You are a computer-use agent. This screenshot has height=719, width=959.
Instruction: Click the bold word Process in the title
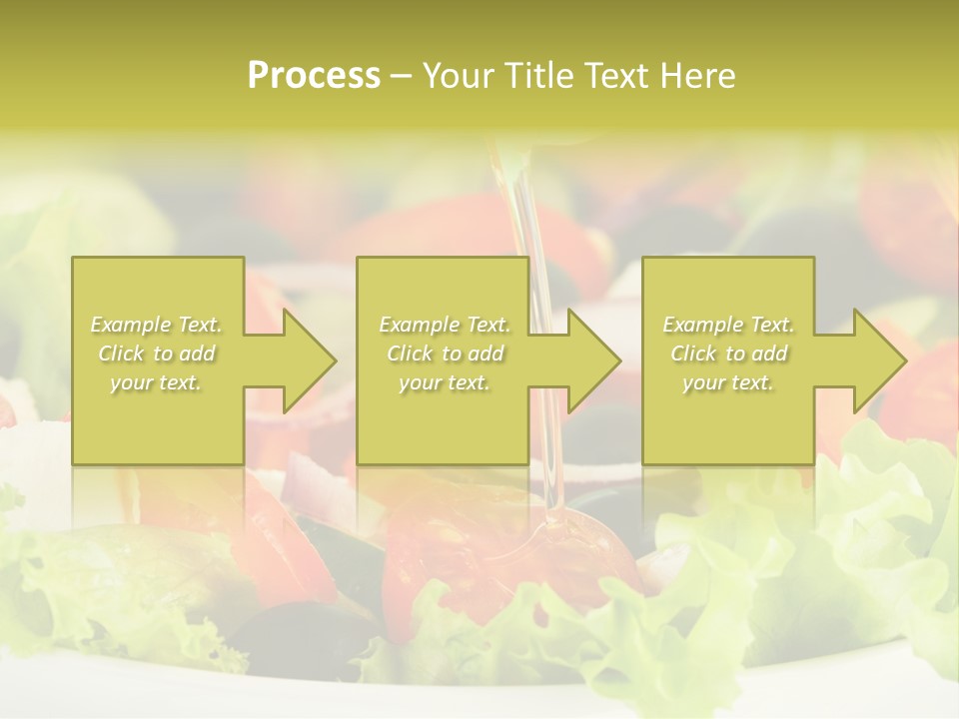314,76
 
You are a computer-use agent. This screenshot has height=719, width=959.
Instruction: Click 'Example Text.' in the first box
156,325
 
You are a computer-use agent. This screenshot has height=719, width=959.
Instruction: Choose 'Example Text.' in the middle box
445,325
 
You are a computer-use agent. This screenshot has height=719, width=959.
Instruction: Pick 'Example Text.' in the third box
728,325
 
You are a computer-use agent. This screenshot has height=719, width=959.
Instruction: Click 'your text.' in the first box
156,382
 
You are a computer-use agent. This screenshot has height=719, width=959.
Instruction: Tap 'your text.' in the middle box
445,382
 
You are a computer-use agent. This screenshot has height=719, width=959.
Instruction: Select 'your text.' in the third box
728,382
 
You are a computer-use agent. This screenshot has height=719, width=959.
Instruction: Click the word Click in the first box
122,354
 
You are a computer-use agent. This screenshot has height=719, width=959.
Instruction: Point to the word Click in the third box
694,354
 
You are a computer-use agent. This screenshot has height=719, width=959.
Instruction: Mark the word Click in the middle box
411,354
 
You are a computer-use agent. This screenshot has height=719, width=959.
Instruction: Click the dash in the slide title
402,76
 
